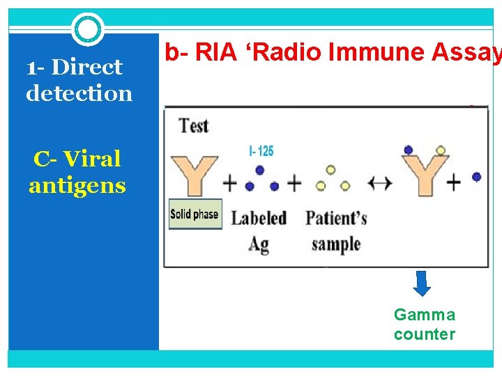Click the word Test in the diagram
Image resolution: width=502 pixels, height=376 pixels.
pyautogui.click(x=194, y=126)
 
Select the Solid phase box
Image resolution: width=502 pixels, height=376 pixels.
pyautogui.click(x=195, y=214)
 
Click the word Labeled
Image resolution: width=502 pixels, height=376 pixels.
pyautogui.click(x=259, y=218)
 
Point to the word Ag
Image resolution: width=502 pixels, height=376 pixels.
pyautogui.click(x=259, y=244)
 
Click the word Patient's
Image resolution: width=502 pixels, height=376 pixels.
pyautogui.click(x=336, y=218)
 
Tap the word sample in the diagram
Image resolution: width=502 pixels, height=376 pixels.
pyautogui.click(x=335, y=244)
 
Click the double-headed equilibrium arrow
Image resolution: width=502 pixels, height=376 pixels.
pyautogui.click(x=380, y=184)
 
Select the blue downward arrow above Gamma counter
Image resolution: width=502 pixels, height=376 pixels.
pyautogui.click(x=423, y=283)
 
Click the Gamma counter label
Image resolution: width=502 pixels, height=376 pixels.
pyautogui.click(x=425, y=324)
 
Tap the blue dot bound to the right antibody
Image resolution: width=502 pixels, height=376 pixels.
pyautogui.click(x=407, y=150)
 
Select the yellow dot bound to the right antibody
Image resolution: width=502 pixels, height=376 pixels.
pyautogui.click(x=440, y=150)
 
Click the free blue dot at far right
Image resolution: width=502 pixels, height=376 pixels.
pyautogui.click(x=476, y=177)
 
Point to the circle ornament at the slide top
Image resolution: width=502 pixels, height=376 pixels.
pyautogui.click(x=88, y=29)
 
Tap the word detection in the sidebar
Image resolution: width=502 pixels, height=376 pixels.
pyautogui.click(x=79, y=93)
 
